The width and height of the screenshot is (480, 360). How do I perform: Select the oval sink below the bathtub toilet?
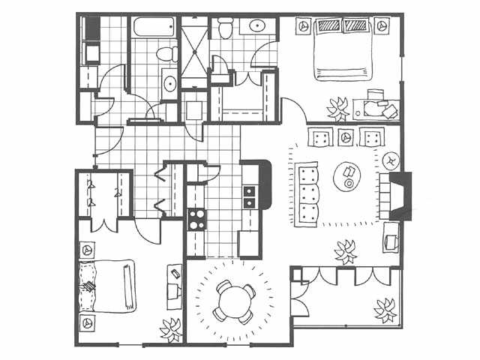(x=169, y=82)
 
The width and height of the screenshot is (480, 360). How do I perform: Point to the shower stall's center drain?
(x=193, y=53)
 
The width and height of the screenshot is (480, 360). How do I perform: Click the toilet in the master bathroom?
(x=224, y=28)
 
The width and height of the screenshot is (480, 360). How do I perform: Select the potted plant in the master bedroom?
(x=338, y=106)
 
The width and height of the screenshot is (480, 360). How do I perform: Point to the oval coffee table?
(x=347, y=177)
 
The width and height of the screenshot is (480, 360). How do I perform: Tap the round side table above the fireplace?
(x=391, y=160)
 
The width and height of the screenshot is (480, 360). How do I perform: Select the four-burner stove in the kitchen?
(x=196, y=219)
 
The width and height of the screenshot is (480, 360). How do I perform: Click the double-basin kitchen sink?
(x=249, y=194)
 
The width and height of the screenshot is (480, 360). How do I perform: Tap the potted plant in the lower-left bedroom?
(x=172, y=328)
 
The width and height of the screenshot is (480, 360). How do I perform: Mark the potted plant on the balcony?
(x=386, y=308)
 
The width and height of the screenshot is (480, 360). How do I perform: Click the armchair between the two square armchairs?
(x=346, y=137)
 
